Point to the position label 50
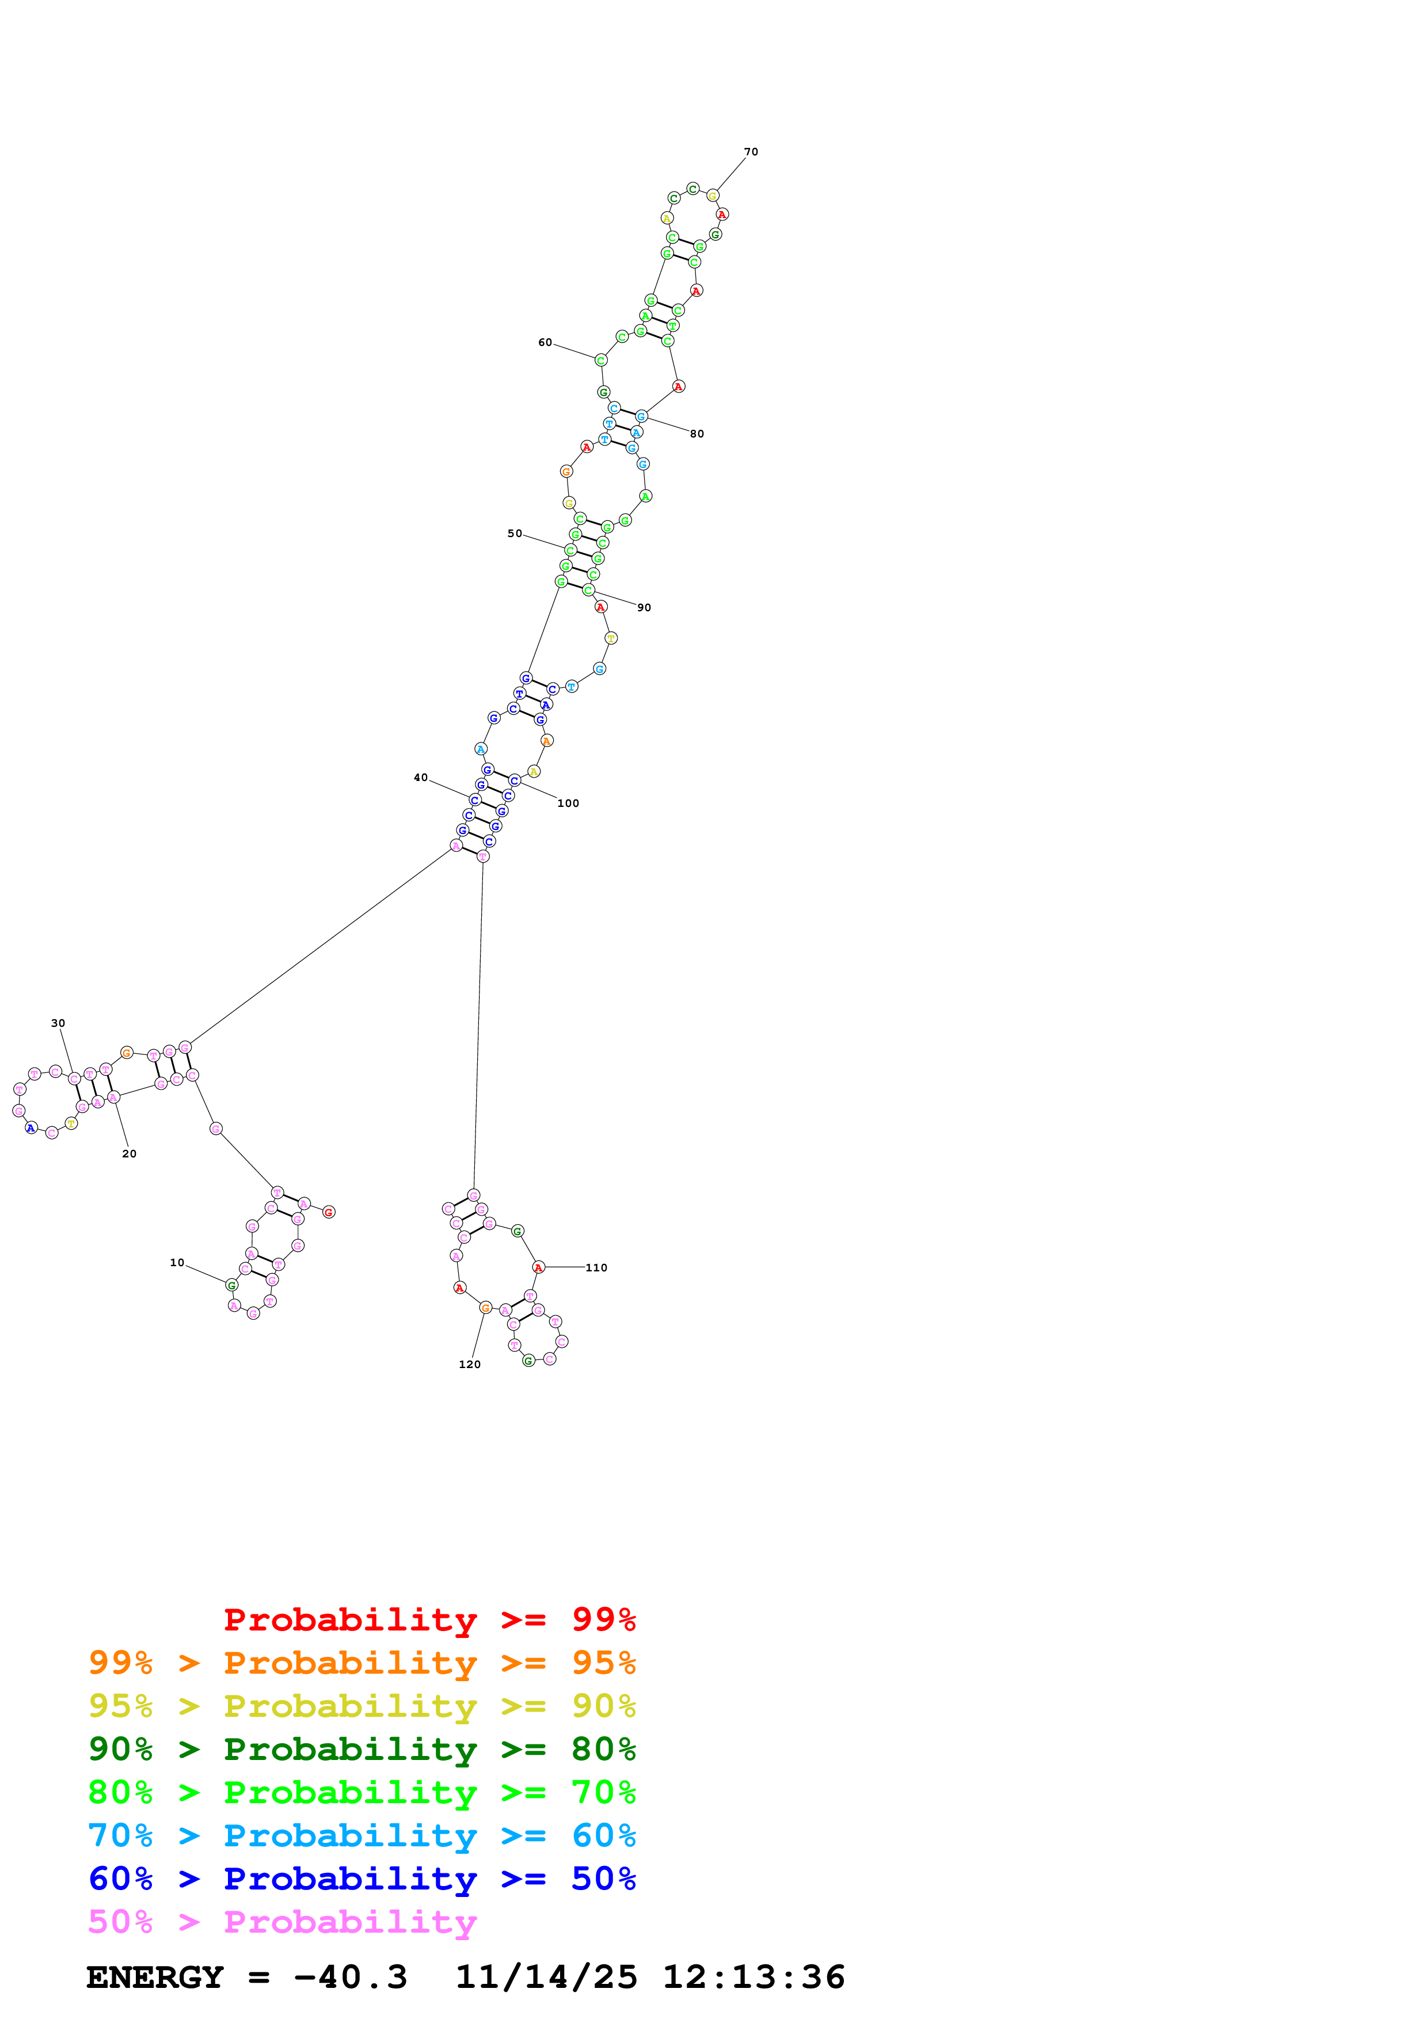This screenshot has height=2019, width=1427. [x=515, y=533]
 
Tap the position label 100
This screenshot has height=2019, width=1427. [x=568, y=803]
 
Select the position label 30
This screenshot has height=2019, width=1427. [x=58, y=1023]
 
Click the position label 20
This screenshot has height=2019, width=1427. [x=130, y=1154]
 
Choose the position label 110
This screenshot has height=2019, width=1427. [x=596, y=1267]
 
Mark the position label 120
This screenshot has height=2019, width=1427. [x=470, y=1364]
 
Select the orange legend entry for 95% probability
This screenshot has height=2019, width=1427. [x=361, y=1662]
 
